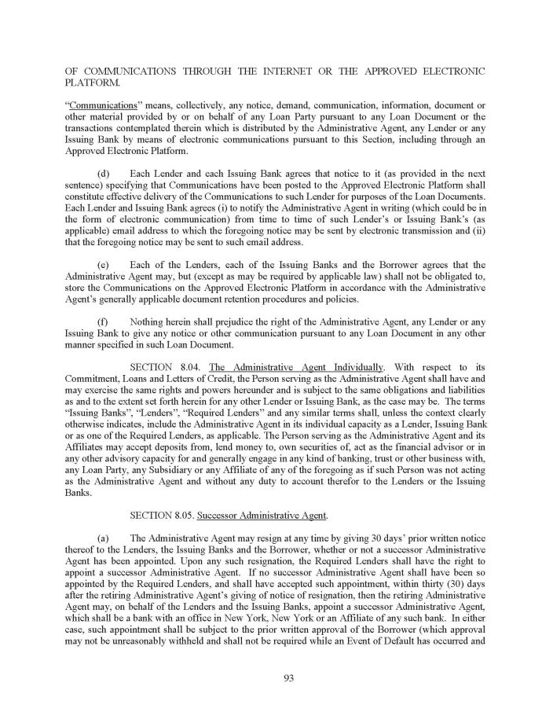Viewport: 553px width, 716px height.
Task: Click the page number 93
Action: [x=276, y=680]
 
